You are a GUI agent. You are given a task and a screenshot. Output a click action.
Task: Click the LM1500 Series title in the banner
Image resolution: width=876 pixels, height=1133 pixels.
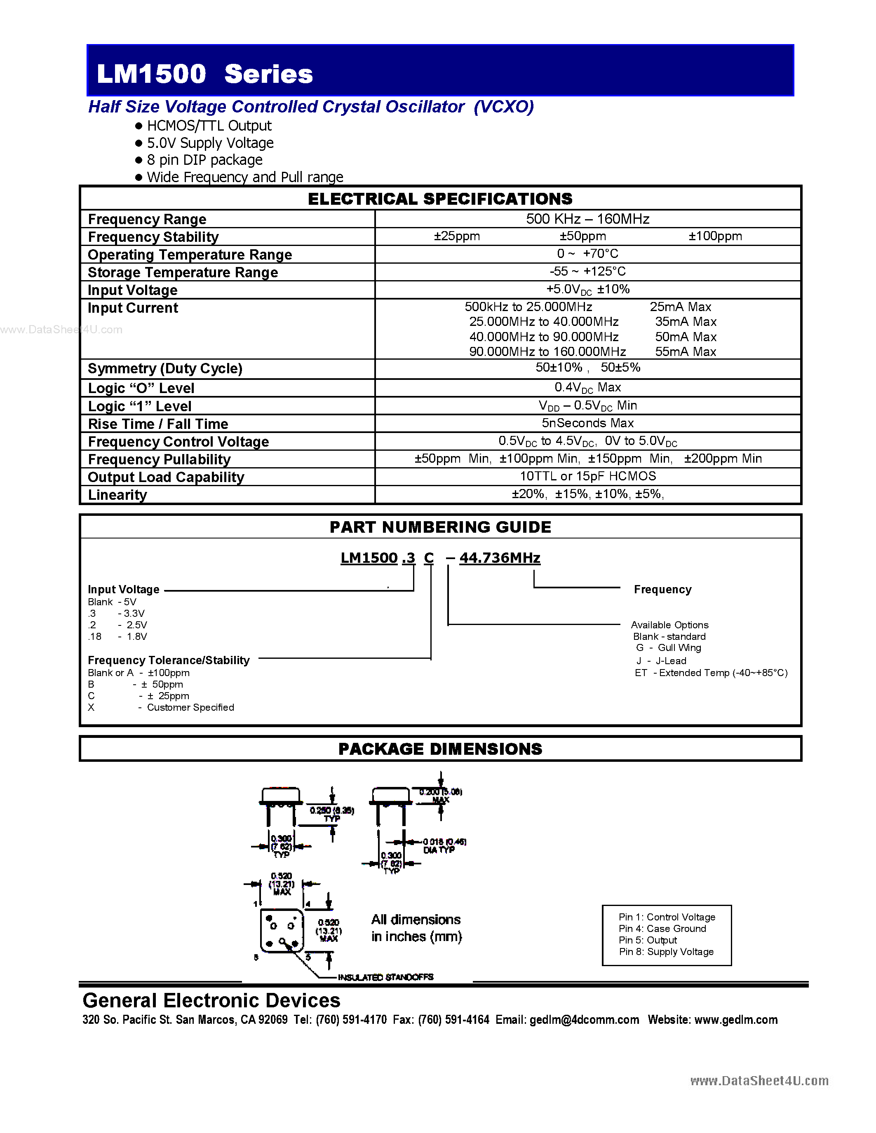click(x=204, y=74)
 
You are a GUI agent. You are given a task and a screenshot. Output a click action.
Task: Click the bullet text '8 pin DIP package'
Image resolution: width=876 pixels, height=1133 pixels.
click(x=204, y=160)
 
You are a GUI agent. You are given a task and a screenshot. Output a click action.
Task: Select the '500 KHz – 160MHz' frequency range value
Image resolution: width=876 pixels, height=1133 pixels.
click(x=587, y=219)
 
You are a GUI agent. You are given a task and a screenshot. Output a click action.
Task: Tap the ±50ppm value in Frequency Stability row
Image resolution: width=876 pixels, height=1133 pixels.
click(x=582, y=236)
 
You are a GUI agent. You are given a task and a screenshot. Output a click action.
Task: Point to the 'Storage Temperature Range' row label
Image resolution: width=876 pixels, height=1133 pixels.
click(x=183, y=272)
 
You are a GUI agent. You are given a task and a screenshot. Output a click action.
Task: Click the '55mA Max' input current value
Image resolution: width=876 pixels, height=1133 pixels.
click(x=685, y=352)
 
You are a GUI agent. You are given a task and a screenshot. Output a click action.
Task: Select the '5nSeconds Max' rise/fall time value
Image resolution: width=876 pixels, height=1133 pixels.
click(x=587, y=423)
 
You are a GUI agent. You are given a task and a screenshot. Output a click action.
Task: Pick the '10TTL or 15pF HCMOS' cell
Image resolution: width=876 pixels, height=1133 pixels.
click(x=587, y=476)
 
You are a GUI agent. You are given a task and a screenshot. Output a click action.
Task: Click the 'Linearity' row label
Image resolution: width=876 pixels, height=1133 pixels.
click(x=117, y=494)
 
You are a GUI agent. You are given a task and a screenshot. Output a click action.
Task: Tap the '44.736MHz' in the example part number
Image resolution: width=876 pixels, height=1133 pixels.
click(x=499, y=558)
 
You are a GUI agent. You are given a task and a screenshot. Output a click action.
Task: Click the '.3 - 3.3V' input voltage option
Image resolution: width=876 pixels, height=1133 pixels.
click(x=117, y=613)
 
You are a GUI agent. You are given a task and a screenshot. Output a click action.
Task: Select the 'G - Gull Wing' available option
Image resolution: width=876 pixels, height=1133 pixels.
click(x=668, y=647)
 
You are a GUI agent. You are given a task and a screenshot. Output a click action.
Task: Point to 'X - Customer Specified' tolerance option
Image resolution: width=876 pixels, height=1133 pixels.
click(x=161, y=707)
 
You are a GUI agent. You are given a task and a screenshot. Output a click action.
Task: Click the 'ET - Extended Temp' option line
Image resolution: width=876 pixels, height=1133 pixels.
click(x=711, y=673)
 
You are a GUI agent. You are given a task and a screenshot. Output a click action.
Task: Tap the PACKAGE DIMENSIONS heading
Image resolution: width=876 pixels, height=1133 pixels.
click(x=440, y=749)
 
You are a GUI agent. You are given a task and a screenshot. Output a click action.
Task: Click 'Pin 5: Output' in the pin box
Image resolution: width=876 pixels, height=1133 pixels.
click(x=648, y=940)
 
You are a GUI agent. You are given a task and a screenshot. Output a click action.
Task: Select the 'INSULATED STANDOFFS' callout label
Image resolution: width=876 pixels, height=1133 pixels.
click(x=385, y=977)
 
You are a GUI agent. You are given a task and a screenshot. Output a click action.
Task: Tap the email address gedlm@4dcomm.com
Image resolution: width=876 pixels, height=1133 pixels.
click(x=584, y=1019)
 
